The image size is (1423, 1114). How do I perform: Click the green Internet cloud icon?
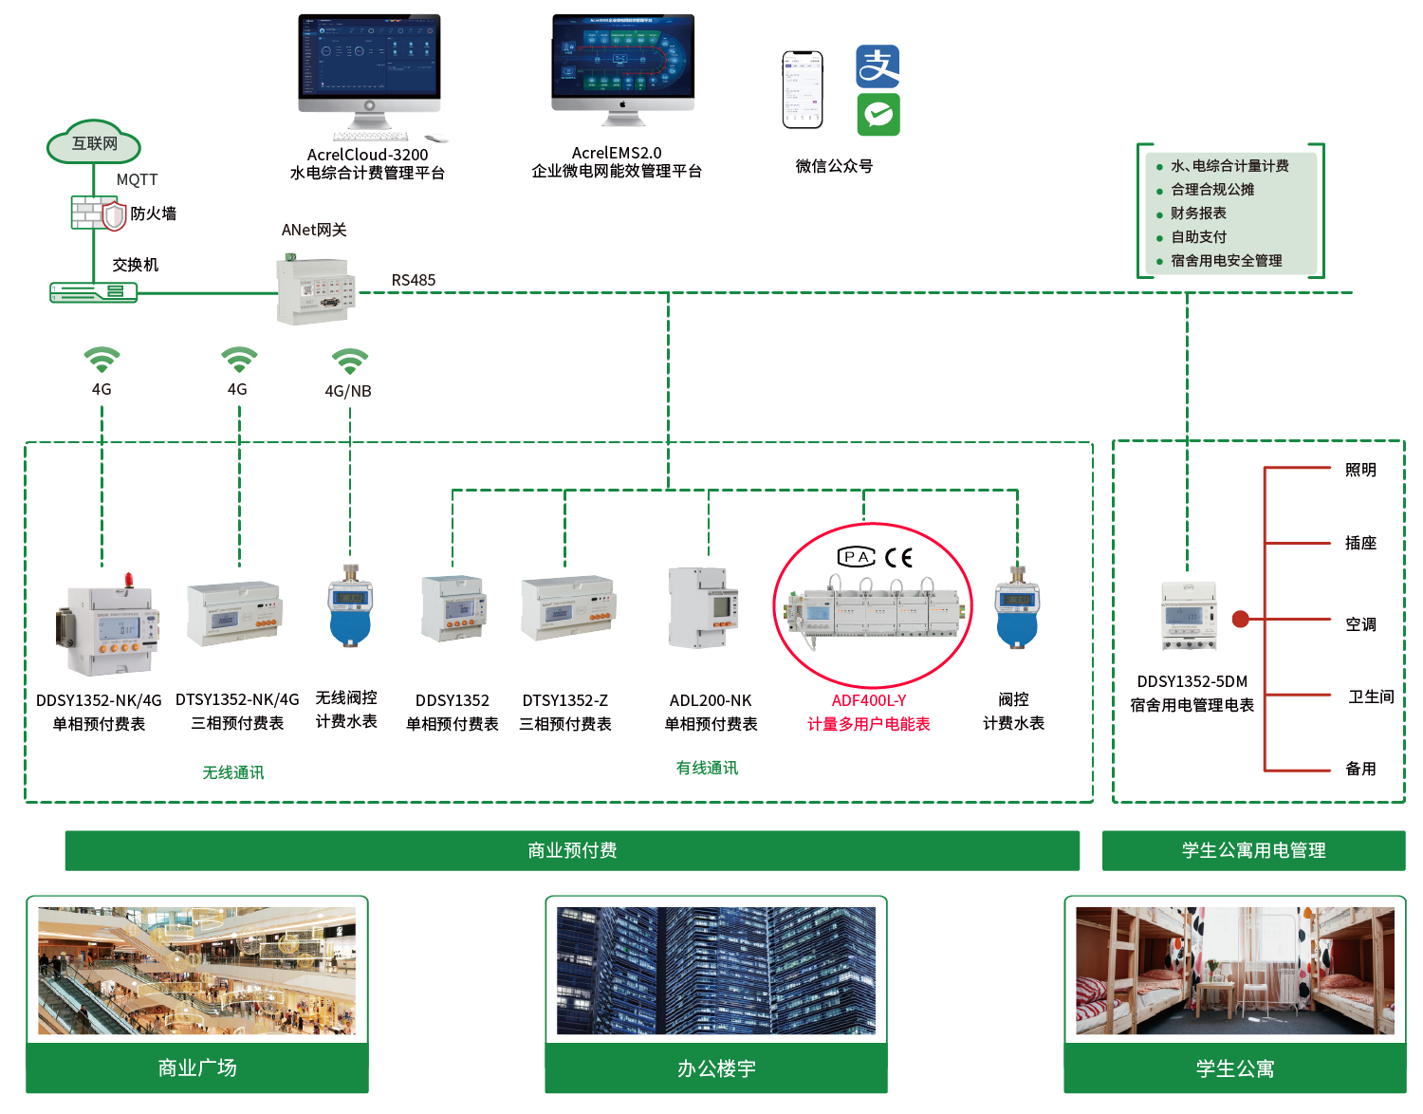pos(94,143)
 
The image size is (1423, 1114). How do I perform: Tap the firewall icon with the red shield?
pos(114,215)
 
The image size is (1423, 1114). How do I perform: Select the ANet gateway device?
pos(316,288)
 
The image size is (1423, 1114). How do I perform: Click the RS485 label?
pos(414,280)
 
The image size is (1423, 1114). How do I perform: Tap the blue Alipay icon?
pos(878,66)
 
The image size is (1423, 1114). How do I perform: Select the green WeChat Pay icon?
pos(878,114)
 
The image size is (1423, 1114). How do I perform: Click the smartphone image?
pos(803,89)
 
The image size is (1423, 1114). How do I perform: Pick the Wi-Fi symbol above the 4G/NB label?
pos(350,362)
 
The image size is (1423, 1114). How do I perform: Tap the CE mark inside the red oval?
pos(899,557)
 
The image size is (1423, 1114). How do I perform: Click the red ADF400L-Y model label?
pos(869,700)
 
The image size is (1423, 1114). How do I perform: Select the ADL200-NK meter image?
pos(703,608)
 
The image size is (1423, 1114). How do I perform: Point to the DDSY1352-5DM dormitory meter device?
pos(1190,617)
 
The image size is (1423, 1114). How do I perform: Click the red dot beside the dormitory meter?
pos(1240,620)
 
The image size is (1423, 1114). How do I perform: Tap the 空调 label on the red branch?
pos(1360,624)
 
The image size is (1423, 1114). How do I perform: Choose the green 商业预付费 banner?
pos(572,850)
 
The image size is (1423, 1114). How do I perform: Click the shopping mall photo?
pos(197,971)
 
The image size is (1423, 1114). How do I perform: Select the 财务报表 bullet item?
pos(1198,214)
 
